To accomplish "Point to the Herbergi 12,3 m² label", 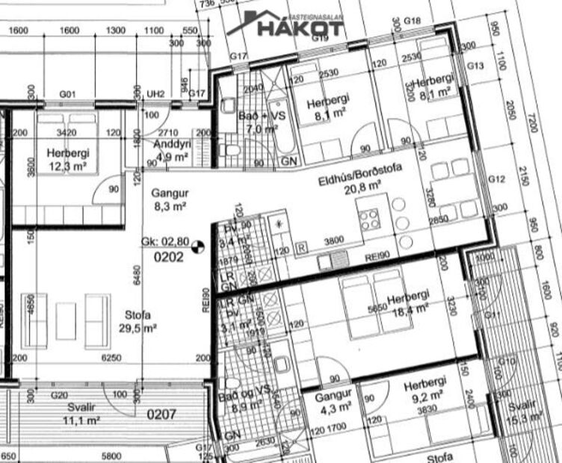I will pos(67,159).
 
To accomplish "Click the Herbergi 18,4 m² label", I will pos(408,301).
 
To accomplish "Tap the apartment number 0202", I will pos(169,258).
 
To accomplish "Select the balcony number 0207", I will pos(161,413).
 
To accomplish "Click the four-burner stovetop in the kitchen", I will pos(370,220).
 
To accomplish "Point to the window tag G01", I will pos(68,94).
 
